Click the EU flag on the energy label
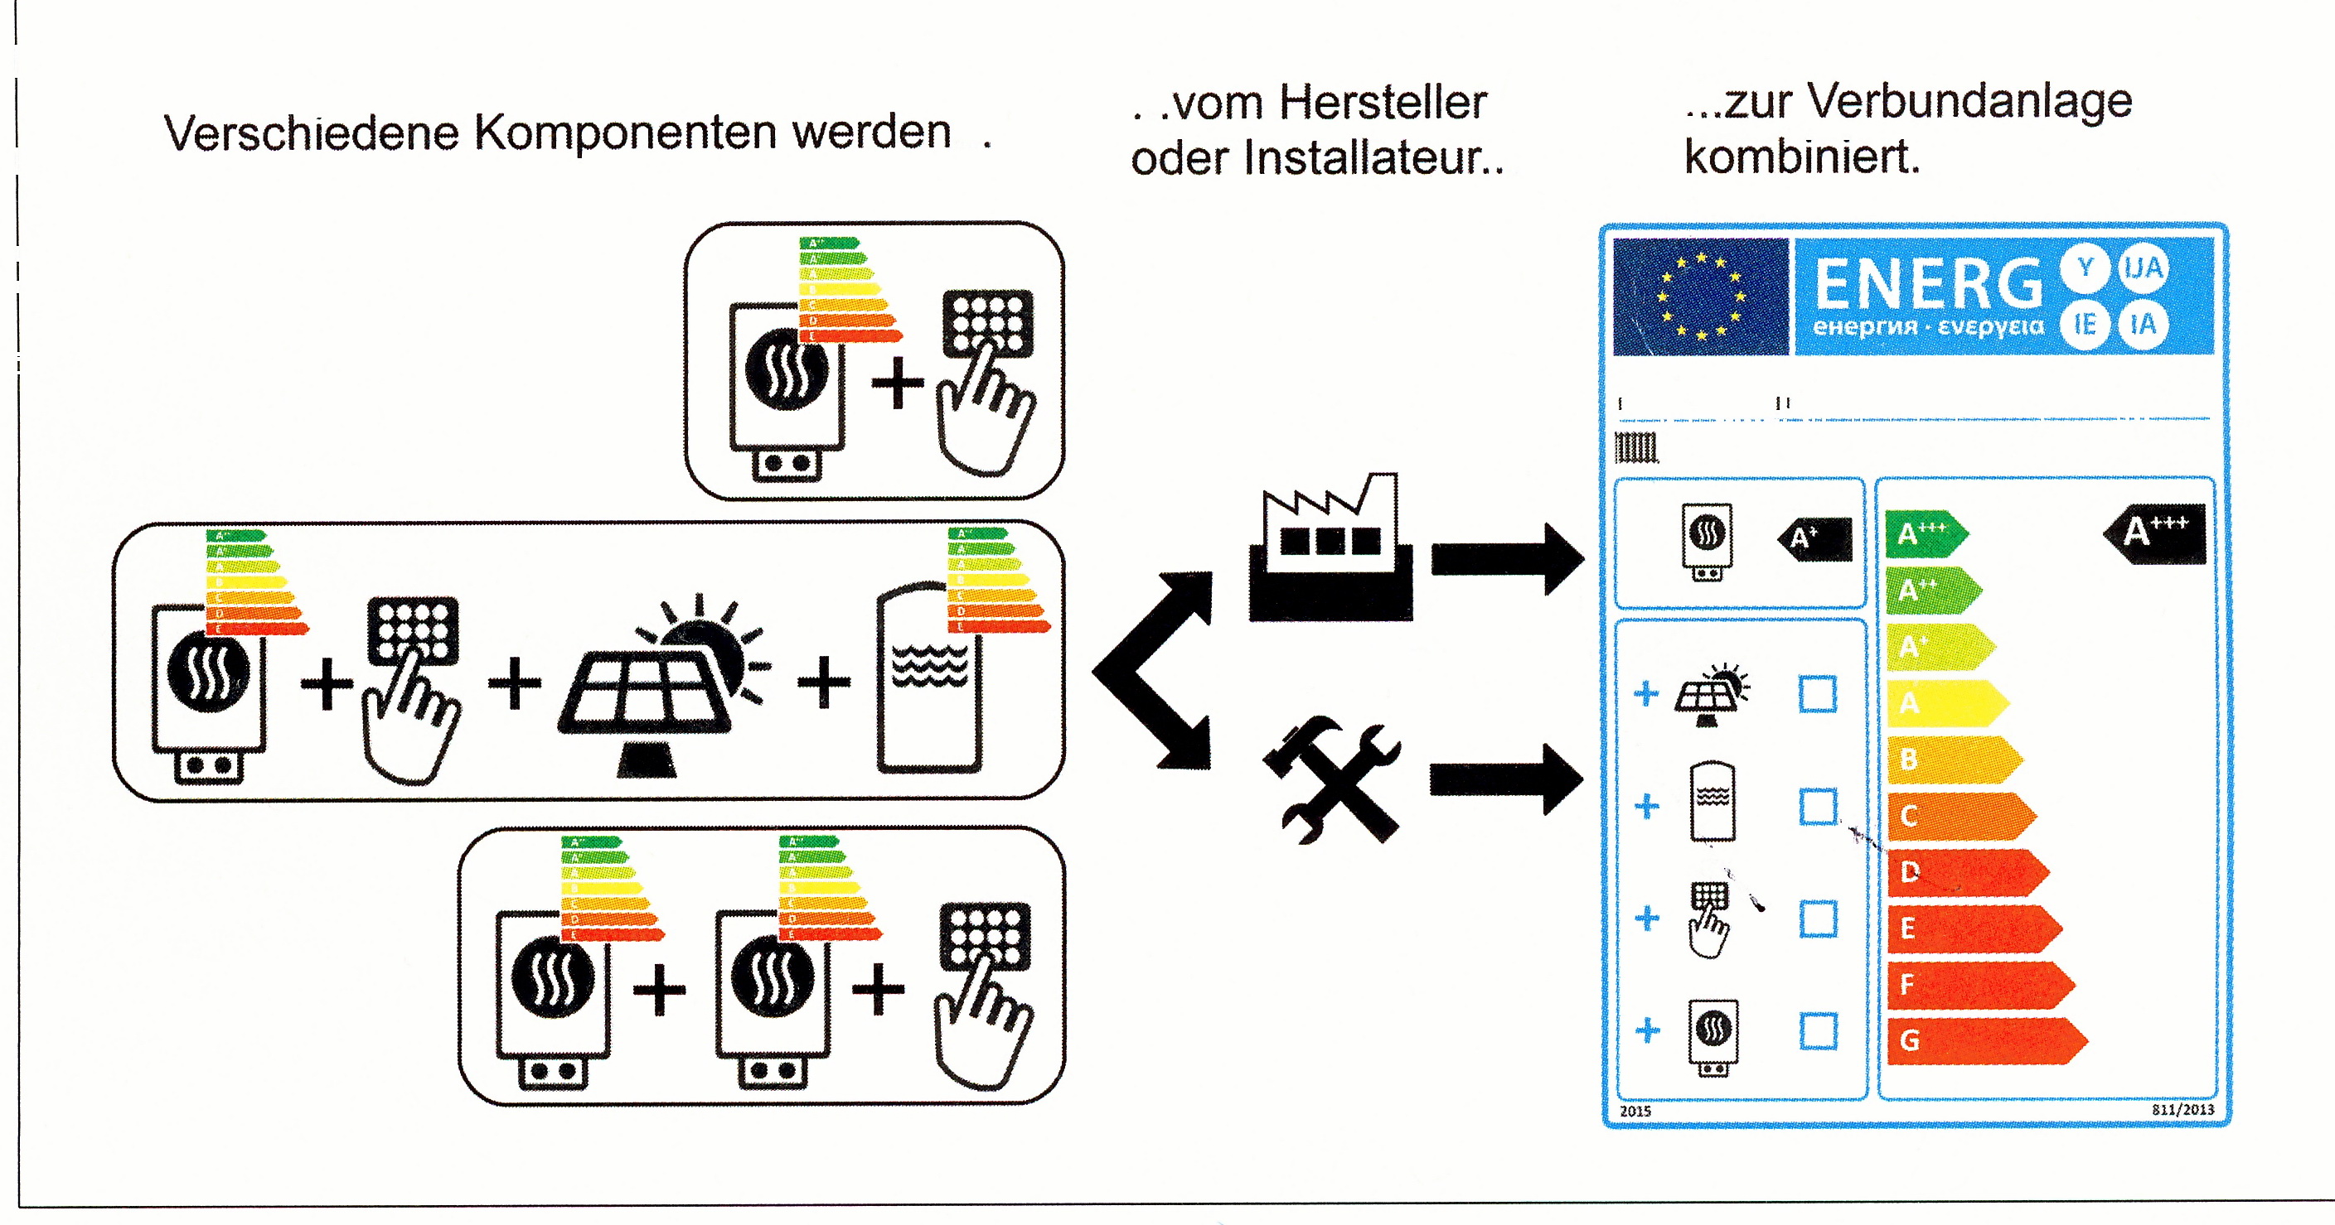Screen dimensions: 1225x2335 tap(1699, 297)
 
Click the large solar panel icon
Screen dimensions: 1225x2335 tap(661, 688)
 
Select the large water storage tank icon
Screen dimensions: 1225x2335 tap(929, 679)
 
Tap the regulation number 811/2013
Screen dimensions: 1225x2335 tap(2182, 1109)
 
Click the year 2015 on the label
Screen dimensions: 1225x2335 tap(1635, 1111)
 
